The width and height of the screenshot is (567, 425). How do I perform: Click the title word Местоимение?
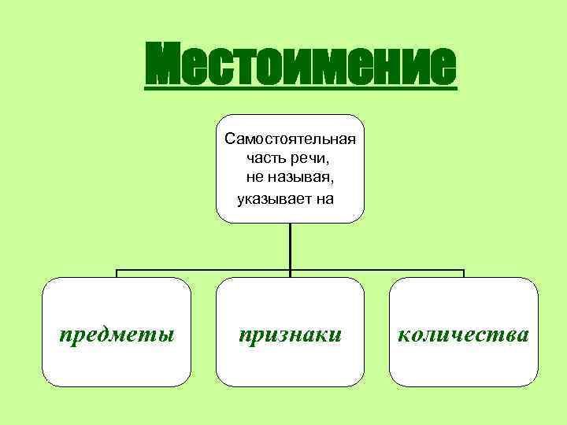pyautogui.click(x=301, y=65)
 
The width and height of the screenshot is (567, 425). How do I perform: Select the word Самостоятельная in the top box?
pyautogui.click(x=290, y=139)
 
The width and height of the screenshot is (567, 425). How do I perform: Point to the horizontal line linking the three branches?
pyautogui.click(x=205, y=271)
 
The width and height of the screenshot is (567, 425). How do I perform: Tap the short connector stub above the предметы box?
pyautogui.click(x=117, y=274)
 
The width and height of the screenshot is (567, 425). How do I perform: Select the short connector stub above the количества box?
pyautogui.click(x=464, y=274)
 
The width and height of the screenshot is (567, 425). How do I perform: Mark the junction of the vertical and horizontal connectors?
pyautogui.click(x=291, y=271)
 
